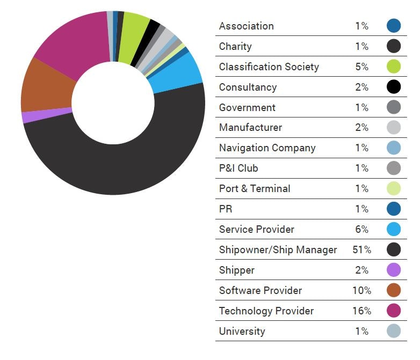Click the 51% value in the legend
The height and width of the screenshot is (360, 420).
[362, 249]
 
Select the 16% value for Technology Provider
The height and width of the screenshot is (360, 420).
[362, 311]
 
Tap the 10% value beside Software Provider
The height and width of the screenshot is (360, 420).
[362, 290]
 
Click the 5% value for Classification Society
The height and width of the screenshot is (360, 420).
[362, 67]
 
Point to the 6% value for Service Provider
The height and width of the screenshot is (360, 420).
[362, 229]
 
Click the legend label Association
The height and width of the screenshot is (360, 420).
[246, 26]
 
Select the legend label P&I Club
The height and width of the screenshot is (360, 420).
[238, 168]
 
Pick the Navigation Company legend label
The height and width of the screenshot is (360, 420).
[267, 148]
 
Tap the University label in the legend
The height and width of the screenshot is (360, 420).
[242, 331]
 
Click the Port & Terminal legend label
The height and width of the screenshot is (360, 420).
[255, 188]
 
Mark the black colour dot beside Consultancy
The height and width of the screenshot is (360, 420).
[394, 87]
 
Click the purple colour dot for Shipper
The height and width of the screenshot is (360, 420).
[394, 270]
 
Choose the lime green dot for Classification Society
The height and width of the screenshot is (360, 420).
[394, 67]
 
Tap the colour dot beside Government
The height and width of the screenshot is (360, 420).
[394, 107]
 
